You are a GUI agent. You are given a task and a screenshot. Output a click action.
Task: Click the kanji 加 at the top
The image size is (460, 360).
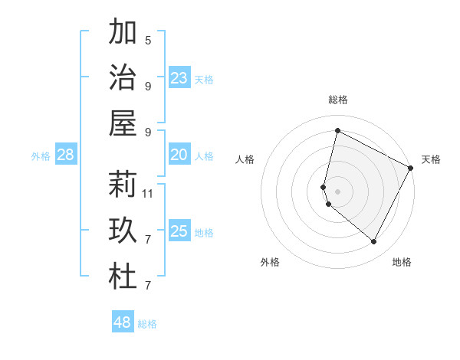123,33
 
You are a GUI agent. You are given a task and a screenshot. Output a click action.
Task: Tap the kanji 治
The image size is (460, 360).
123,78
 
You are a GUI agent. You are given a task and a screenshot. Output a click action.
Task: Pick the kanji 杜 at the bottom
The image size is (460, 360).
123,277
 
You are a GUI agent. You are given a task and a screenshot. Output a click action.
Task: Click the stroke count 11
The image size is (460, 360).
149,194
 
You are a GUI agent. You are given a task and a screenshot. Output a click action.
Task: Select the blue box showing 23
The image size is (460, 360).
179,78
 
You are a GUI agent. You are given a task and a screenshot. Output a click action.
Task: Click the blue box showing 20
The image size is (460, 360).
179,155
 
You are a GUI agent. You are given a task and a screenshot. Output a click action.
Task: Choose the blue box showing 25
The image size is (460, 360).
179,231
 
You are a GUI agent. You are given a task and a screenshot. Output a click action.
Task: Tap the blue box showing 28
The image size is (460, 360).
66,155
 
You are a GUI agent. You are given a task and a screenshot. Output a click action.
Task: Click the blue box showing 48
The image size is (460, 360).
123,322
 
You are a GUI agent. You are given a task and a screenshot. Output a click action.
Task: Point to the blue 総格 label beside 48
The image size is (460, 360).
147,324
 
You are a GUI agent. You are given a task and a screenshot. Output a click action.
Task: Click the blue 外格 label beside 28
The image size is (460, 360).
41,156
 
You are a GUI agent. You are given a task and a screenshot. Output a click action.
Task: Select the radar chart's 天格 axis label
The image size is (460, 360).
431,159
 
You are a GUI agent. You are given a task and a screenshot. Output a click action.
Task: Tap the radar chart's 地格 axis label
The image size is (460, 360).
402,263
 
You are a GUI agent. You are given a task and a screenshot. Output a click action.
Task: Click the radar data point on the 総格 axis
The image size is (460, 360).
337,130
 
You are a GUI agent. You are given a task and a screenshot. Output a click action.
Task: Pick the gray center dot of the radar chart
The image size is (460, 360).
337,191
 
